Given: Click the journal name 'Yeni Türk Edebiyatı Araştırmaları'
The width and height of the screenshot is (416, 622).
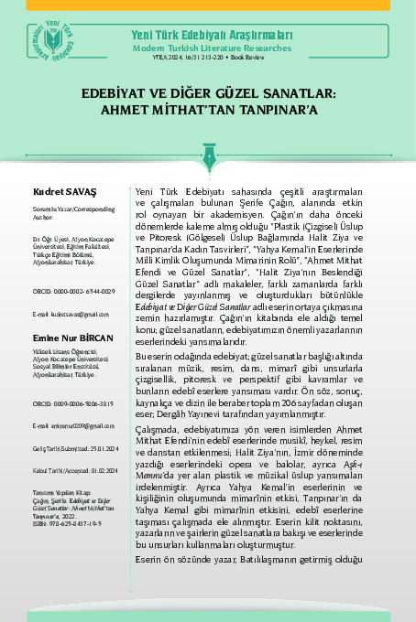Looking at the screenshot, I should (212, 35).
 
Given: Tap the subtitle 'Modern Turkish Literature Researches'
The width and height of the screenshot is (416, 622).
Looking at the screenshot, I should (212, 46).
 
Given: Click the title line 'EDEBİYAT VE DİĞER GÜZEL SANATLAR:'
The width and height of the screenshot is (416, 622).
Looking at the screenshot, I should (208, 93).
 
